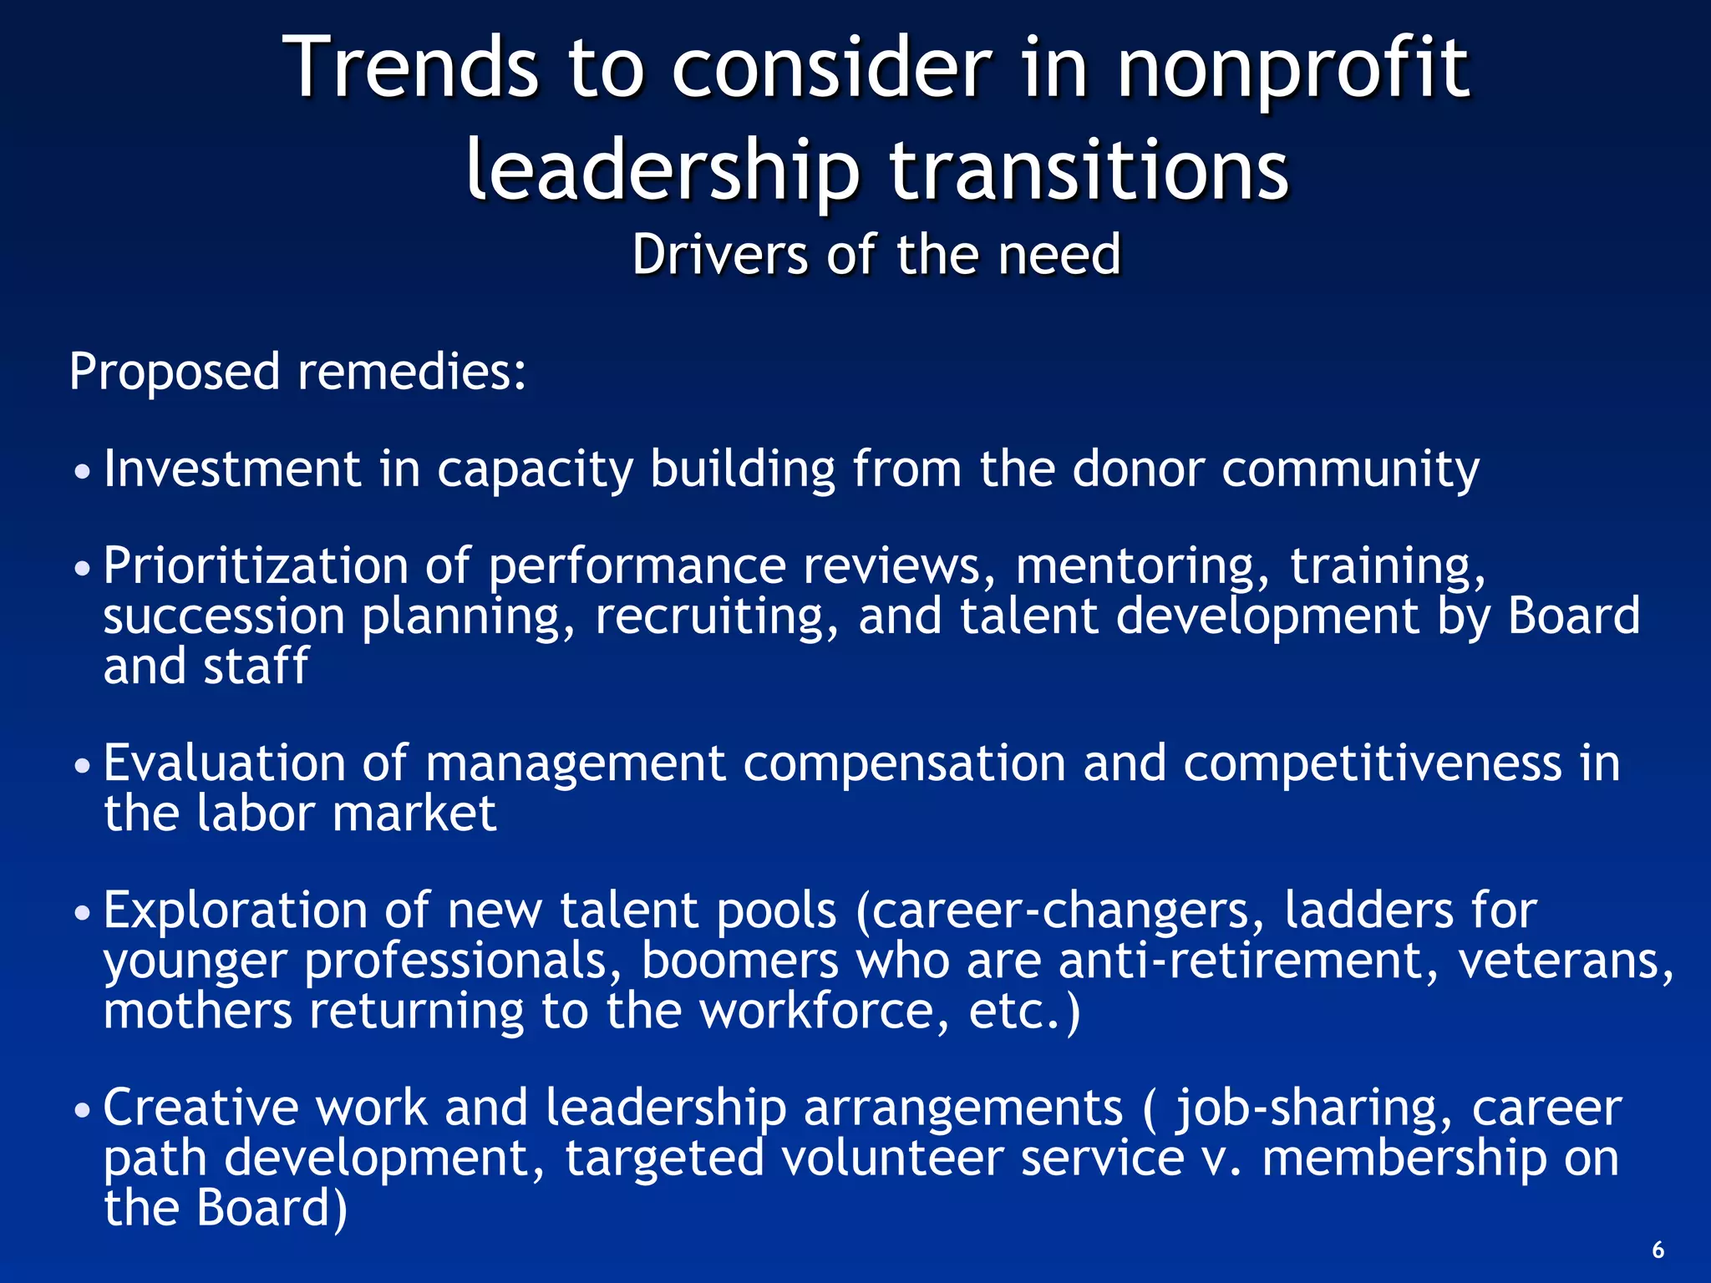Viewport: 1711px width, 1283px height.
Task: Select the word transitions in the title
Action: tap(1089, 171)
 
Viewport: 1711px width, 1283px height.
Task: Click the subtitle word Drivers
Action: tap(719, 254)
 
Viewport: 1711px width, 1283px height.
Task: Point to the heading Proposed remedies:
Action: tap(298, 372)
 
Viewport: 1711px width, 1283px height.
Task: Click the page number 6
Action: tap(1658, 1250)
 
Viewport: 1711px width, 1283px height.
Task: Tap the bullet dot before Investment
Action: tap(81, 473)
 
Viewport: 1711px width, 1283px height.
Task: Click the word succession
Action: tap(224, 616)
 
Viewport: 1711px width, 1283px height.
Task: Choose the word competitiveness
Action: tap(1372, 764)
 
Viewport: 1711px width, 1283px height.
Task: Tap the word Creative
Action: tap(201, 1108)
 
